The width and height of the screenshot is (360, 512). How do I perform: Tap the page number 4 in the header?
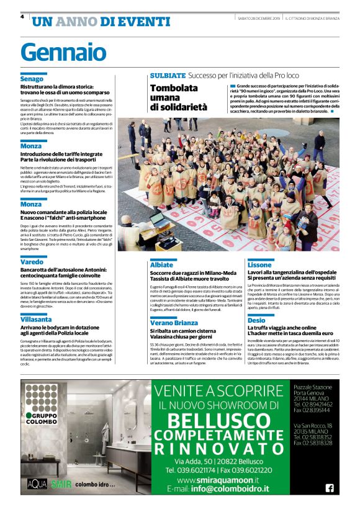pos(22,17)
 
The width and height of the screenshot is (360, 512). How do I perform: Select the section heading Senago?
pos(32,79)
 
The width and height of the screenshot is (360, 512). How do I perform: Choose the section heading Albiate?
pos(161,264)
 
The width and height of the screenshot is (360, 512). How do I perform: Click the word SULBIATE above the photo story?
pos(168,75)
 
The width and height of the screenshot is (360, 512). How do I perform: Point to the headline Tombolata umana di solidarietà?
pos(181,98)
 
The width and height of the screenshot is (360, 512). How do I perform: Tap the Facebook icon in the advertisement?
pos(330,487)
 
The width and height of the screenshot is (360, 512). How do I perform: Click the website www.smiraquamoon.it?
pos(218,480)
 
